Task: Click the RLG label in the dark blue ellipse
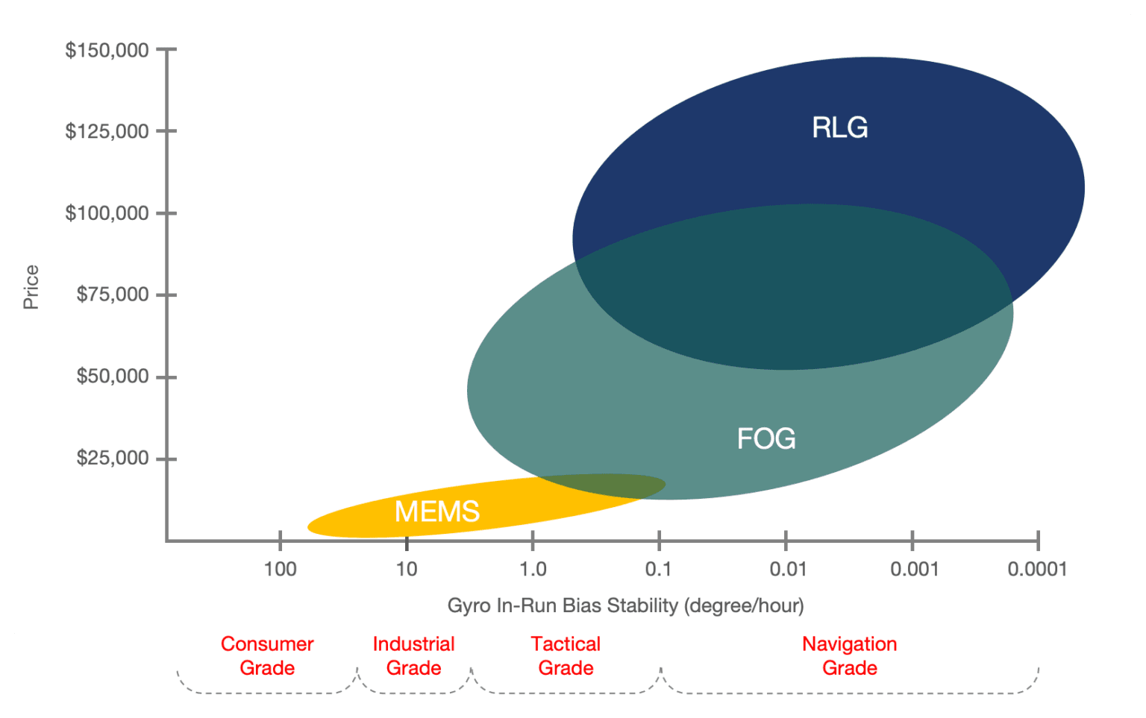tap(839, 127)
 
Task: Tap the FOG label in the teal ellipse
tap(766, 438)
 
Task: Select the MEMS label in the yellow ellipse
tap(436, 511)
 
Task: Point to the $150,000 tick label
tap(107, 50)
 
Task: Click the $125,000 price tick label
tap(107, 131)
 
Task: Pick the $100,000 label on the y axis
tap(107, 213)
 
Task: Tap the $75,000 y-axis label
tap(112, 295)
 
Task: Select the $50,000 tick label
tap(112, 376)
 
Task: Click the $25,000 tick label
tap(112, 458)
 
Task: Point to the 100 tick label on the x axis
tap(280, 569)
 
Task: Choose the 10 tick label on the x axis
tap(406, 569)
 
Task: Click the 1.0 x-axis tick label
tap(533, 569)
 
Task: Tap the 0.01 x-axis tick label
tap(788, 569)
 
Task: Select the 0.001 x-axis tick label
tap(914, 569)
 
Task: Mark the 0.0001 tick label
tap(1037, 569)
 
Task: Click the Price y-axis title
tap(31, 287)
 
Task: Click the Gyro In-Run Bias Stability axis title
tap(625, 605)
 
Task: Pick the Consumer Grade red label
tap(267, 655)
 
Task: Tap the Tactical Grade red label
tap(566, 655)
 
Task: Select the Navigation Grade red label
tap(849, 655)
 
